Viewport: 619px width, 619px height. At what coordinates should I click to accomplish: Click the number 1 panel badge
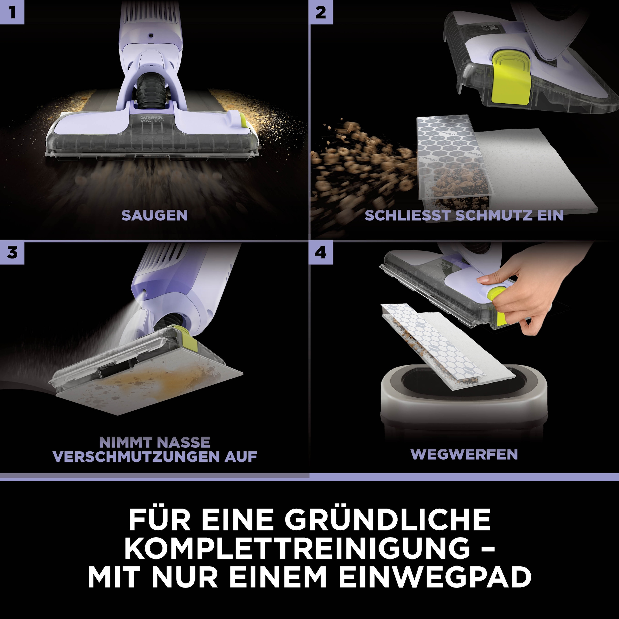pyautogui.click(x=12, y=12)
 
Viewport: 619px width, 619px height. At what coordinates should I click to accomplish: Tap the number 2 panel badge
pyautogui.click(x=321, y=12)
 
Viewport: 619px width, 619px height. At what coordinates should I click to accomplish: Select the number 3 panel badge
pyautogui.click(x=12, y=253)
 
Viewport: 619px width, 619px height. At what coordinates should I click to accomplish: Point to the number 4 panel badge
pyautogui.click(x=321, y=253)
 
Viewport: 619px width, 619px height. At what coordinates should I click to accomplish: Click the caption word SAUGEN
pyautogui.click(x=154, y=216)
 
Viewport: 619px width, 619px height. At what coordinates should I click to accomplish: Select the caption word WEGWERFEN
pyautogui.click(x=464, y=454)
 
